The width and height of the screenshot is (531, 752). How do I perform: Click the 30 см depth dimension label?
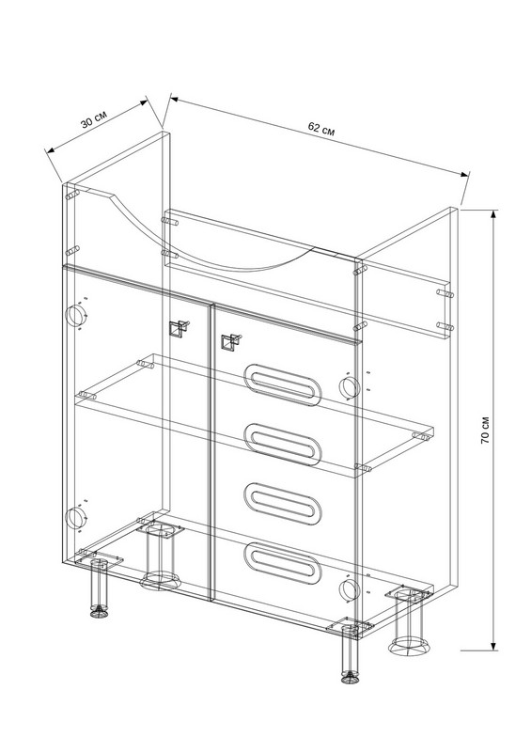94,119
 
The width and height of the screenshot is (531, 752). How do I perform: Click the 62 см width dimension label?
321,128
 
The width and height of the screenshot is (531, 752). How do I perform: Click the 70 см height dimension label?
485,430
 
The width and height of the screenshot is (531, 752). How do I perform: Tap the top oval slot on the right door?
282,384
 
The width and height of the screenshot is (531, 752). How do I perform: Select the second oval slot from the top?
282,445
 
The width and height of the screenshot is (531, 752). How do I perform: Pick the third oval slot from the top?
282,504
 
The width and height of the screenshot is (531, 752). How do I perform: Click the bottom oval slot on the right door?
282,563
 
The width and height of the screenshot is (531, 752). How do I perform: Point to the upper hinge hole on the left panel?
75,315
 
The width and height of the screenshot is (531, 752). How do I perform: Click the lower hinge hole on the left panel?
75,518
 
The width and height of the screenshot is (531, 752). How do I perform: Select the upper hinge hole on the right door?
349,387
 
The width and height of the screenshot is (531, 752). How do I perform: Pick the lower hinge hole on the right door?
349,590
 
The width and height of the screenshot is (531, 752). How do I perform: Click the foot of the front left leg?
99,612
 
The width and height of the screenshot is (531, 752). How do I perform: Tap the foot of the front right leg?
351,678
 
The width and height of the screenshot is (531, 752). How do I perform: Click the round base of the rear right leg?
409,646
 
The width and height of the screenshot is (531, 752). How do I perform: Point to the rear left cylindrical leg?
160,554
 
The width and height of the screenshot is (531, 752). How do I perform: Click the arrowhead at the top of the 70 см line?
493,216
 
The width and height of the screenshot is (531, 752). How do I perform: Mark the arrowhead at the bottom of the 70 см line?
493,644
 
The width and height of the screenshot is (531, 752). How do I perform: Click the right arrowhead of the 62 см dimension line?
463,174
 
